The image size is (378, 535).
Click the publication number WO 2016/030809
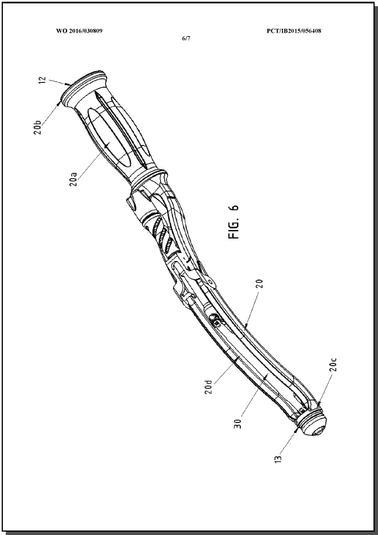79,31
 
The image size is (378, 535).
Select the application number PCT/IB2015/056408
294,31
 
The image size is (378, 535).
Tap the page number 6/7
186,38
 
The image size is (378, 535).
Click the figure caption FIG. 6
235,222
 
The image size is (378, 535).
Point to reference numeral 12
42,80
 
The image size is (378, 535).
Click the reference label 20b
37,127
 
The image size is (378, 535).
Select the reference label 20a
73,179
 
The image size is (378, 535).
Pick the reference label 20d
209,387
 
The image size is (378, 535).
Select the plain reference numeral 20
260,284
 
